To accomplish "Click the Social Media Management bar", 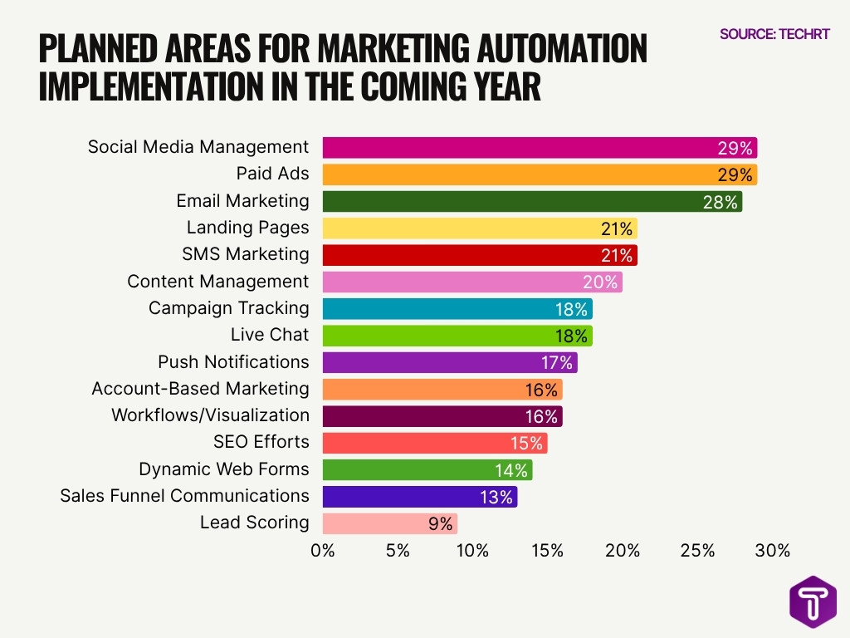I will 540,148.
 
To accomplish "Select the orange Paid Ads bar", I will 540,174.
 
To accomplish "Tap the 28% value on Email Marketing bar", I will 720,202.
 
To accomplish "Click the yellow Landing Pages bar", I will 479,228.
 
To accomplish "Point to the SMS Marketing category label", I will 245,254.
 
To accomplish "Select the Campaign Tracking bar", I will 457,309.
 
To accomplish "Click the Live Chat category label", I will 269,335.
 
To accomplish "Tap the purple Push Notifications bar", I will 449,362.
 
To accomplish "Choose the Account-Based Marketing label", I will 200,389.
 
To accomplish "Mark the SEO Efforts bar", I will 434,443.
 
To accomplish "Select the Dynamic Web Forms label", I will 223,469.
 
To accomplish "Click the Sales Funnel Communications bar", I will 419,497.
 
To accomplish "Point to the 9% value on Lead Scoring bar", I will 440,523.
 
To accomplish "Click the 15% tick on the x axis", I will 547,551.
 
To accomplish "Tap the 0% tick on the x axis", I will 322,551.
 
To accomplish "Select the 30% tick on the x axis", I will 772,551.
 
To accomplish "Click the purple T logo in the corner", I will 813,601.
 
